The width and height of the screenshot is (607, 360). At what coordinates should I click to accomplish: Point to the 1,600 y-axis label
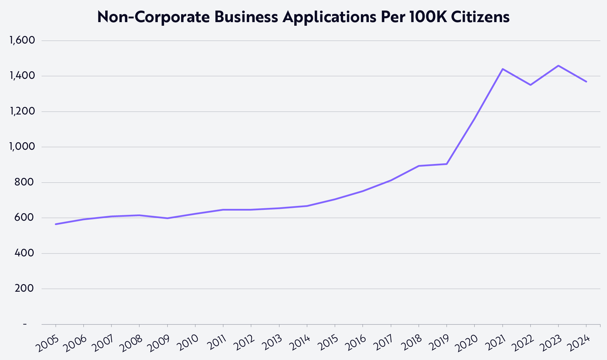point(22,41)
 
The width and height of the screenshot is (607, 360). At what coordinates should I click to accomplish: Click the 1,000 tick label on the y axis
point(22,147)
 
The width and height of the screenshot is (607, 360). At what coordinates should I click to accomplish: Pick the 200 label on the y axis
point(24,289)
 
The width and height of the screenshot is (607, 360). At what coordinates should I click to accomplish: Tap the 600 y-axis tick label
point(24,218)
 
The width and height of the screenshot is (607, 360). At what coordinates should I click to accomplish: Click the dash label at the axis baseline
point(25,324)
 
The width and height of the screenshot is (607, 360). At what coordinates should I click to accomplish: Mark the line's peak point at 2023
point(558,66)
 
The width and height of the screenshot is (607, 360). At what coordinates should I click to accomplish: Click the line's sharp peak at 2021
point(502,69)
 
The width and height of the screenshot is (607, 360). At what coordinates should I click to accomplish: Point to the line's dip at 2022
point(530,85)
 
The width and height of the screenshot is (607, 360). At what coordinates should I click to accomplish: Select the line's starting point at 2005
point(56,224)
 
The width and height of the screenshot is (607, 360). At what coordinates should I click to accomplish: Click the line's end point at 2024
point(586,82)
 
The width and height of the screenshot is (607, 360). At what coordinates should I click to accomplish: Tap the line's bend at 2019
point(447,164)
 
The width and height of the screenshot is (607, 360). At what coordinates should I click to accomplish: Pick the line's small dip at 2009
point(168,218)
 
